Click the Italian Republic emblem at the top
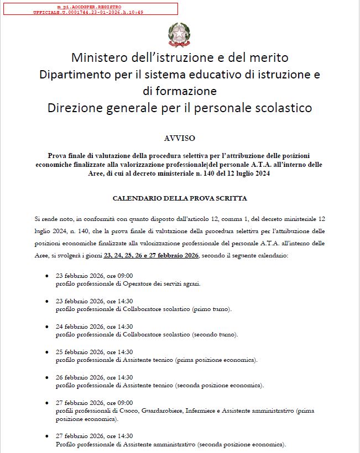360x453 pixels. pyautogui.click(x=179, y=34)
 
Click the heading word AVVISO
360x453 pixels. pyautogui.click(x=180, y=138)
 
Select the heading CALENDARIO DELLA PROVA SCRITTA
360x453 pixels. pyautogui.click(x=180, y=198)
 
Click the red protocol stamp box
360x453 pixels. pyautogui.click(x=90, y=8)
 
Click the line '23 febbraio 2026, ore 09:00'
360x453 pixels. pyautogui.click(x=95, y=276)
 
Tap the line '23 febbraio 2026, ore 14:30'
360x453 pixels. pyautogui.click(x=95, y=301)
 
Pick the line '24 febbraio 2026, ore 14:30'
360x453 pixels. pyautogui.click(x=95, y=326)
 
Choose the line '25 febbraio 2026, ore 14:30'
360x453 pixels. pyautogui.click(x=95, y=352)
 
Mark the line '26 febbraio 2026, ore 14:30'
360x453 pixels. pyautogui.click(x=95, y=377)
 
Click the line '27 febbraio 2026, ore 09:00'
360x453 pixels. pyautogui.click(x=95, y=403)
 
